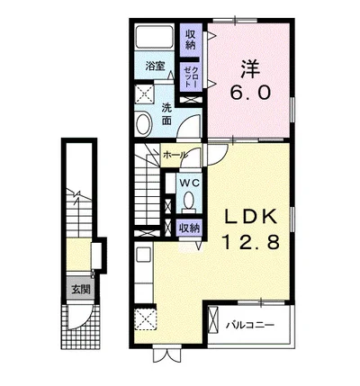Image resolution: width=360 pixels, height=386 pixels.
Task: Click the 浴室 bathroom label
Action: click(x=155, y=67)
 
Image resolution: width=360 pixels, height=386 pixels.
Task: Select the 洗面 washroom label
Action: click(x=166, y=114)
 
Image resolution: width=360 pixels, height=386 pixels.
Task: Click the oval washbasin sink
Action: click(x=143, y=123)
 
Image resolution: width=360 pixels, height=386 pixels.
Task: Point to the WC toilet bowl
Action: click(x=189, y=200)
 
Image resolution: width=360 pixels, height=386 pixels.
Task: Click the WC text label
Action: click(x=189, y=184)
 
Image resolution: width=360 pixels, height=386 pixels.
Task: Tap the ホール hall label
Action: click(x=175, y=155)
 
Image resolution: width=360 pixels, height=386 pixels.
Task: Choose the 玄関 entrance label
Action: click(x=80, y=290)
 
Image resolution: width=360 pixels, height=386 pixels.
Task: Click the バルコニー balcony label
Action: click(x=250, y=325)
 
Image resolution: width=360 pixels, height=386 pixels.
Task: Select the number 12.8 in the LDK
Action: click(x=250, y=242)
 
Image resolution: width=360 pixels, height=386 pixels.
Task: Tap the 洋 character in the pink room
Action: click(x=250, y=68)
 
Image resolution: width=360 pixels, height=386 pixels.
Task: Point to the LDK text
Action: click(x=251, y=216)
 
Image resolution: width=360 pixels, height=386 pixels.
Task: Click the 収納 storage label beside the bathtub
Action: click(x=191, y=40)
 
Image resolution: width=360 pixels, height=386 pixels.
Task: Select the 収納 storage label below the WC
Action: click(x=189, y=229)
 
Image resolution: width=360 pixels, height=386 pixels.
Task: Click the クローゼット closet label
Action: click(x=191, y=76)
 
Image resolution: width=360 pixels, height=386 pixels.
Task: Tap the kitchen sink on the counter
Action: click(x=144, y=254)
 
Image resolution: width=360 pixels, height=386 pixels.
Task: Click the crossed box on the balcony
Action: click(x=213, y=319)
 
